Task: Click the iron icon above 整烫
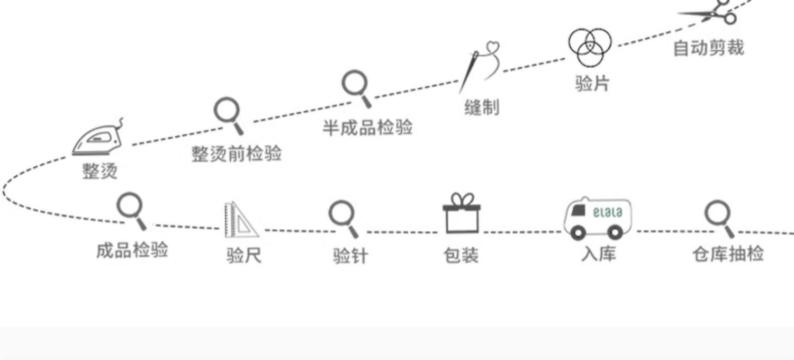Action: pyautogui.click(x=98, y=139)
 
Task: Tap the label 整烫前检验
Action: pyautogui.click(x=236, y=154)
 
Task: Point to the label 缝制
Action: pyautogui.click(x=482, y=107)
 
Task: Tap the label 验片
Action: pyautogui.click(x=592, y=83)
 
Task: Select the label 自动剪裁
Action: pyautogui.click(x=708, y=48)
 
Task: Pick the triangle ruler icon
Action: pyautogui.click(x=239, y=220)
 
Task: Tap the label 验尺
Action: pyautogui.click(x=243, y=256)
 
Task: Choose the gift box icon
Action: pyautogui.click(x=461, y=218)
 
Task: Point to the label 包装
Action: pyautogui.click(x=461, y=255)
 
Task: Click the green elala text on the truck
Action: pyautogui.click(x=608, y=213)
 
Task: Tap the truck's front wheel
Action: pyautogui.click(x=578, y=232)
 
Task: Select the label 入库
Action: pyautogui.click(x=598, y=255)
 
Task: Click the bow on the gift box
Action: pyautogui.click(x=461, y=200)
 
